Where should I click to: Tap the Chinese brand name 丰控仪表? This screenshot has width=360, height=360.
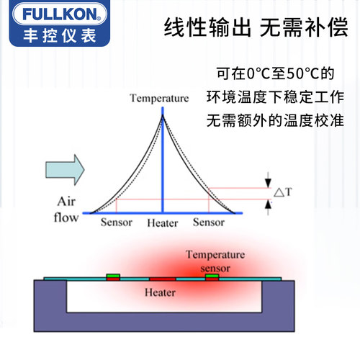pyautogui.click(x=60, y=36)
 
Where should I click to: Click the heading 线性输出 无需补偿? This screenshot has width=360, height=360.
pyautogui.click(x=256, y=27)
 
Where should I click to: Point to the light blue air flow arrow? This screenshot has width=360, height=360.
pyautogui.click(x=65, y=170)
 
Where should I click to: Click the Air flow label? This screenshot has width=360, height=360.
pyautogui.click(x=66, y=210)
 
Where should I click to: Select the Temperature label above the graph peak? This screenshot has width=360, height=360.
pyautogui.click(x=159, y=98)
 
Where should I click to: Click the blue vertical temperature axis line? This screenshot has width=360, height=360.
pyautogui.click(x=163, y=160)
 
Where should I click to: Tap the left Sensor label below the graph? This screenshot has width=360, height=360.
pyautogui.click(x=117, y=222)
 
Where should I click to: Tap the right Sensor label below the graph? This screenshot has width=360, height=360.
pyautogui.click(x=209, y=222)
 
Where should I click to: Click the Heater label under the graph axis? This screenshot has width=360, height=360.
pyautogui.click(x=163, y=223)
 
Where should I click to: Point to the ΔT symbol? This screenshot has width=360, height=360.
pyautogui.click(x=283, y=192)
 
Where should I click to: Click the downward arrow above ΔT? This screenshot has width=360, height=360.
pyautogui.click(x=268, y=180)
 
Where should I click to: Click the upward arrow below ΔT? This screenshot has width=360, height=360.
pyautogui.click(x=268, y=208)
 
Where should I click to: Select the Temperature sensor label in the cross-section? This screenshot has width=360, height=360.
pyautogui.click(x=215, y=261)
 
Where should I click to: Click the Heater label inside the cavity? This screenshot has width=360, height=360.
pyautogui.click(x=160, y=292)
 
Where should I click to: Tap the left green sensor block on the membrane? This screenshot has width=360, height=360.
pyautogui.click(x=113, y=276)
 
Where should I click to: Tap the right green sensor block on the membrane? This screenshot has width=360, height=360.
pyautogui.click(x=212, y=276)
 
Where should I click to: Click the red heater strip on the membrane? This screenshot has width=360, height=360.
pyautogui.click(x=163, y=279)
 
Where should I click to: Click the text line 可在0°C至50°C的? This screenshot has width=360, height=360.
pyautogui.click(x=275, y=73)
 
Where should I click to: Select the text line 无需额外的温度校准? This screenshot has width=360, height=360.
pyautogui.click(x=275, y=120)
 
